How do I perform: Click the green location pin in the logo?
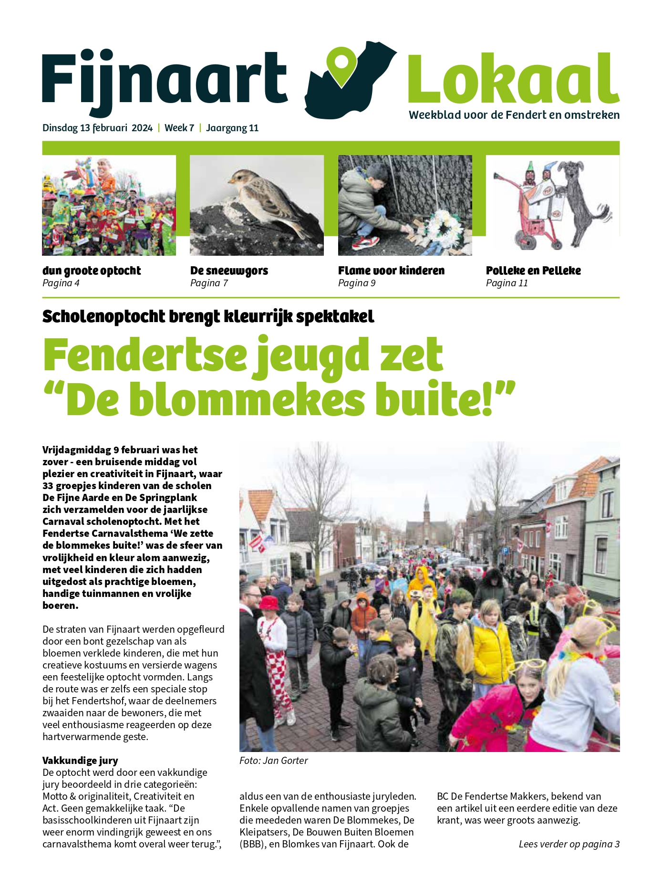(x=342, y=66)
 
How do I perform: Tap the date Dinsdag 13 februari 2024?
(x=97, y=128)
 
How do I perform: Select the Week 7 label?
(x=179, y=128)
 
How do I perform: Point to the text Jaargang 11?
(x=232, y=128)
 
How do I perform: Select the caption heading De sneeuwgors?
(x=229, y=271)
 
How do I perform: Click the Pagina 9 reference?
(x=357, y=283)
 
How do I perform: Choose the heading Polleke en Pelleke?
(x=533, y=271)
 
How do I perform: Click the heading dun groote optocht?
(x=92, y=271)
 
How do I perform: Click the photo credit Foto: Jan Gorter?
(x=274, y=761)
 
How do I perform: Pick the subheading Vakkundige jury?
(x=80, y=761)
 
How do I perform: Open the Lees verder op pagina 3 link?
(x=569, y=844)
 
